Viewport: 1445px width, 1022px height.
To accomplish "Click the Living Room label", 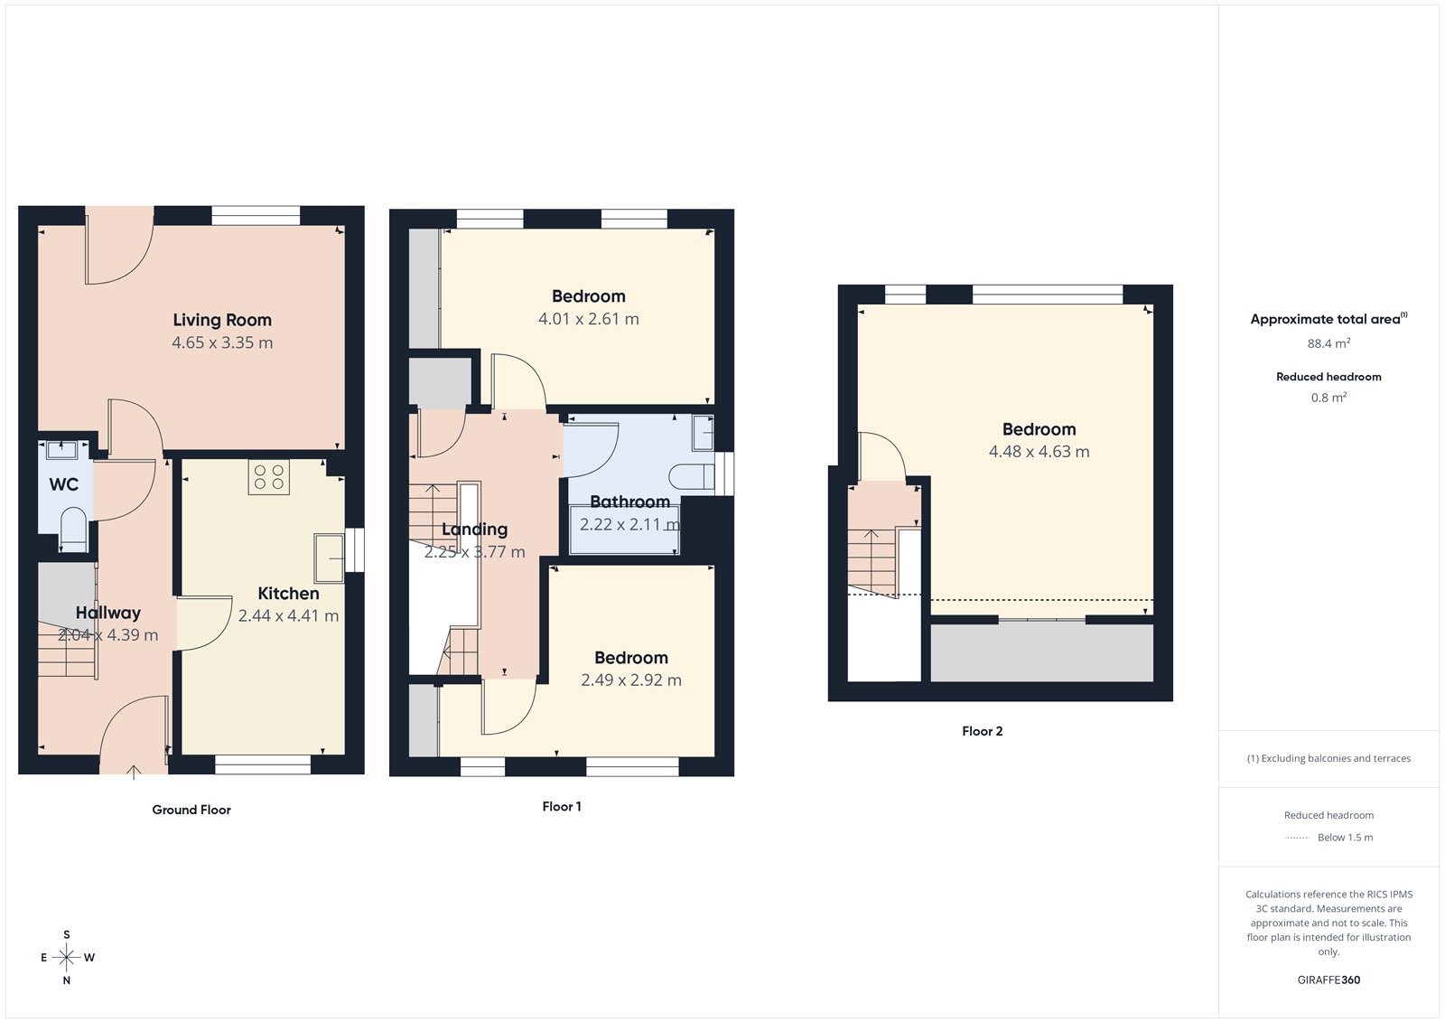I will (222, 320).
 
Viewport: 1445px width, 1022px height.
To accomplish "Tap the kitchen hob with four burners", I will (268, 477).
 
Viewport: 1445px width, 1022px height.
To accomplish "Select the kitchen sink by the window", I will (329, 558).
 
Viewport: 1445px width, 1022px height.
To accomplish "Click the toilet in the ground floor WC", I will (72, 529).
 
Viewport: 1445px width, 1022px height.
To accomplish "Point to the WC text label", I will (63, 484).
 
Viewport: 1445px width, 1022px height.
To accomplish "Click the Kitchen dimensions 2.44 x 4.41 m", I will (288, 616).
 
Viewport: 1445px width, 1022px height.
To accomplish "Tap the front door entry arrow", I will (134, 771).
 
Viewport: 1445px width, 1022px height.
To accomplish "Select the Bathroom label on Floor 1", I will (629, 502).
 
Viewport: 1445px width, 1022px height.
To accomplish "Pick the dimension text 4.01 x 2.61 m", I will (588, 319).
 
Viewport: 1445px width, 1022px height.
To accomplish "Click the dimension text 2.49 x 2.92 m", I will (630, 680).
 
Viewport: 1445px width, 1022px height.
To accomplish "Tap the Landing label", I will (474, 530).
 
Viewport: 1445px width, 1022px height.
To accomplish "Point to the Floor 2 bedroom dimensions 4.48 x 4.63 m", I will (1039, 452).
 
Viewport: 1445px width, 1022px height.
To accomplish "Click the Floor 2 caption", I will (982, 731).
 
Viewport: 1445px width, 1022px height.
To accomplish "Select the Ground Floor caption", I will (191, 810).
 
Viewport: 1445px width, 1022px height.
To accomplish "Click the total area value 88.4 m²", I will (1328, 343).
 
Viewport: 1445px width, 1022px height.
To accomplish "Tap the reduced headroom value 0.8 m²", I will (1328, 398).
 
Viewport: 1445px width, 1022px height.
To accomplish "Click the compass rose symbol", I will (67, 957).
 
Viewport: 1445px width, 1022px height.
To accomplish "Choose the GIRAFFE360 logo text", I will (1328, 980).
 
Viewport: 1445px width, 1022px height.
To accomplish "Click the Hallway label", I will (107, 613).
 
